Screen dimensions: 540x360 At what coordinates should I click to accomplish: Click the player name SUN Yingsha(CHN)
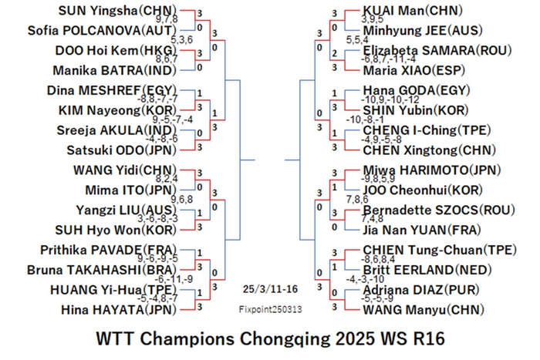point(117,11)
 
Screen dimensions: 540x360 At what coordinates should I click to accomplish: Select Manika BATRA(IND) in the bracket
point(115,71)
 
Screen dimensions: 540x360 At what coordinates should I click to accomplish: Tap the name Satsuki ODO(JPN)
point(122,150)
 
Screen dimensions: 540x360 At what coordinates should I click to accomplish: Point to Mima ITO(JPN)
point(131,190)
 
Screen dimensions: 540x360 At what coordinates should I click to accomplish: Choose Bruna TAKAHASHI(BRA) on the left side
point(102,270)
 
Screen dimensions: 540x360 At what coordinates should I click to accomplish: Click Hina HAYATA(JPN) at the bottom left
point(119,310)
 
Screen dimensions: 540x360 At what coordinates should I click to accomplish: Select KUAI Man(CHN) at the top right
point(413,11)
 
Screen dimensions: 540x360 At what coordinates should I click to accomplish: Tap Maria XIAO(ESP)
point(414,71)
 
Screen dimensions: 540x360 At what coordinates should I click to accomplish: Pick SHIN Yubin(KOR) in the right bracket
point(416,110)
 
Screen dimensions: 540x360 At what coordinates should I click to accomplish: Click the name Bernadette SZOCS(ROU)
point(439,210)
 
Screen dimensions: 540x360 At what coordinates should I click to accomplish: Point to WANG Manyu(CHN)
point(424,310)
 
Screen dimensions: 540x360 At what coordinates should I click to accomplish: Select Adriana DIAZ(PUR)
point(421,290)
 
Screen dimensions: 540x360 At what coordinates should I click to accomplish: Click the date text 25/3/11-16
point(270,289)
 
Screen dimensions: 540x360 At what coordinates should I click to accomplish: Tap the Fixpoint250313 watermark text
point(270,309)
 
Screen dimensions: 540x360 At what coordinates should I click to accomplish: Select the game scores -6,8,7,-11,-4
point(388,59)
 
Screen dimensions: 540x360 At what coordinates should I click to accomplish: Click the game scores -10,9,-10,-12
point(390,99)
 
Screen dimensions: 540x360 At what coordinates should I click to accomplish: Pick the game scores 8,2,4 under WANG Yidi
point(167,179)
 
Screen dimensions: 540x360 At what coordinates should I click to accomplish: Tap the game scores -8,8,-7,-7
point(157,99)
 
